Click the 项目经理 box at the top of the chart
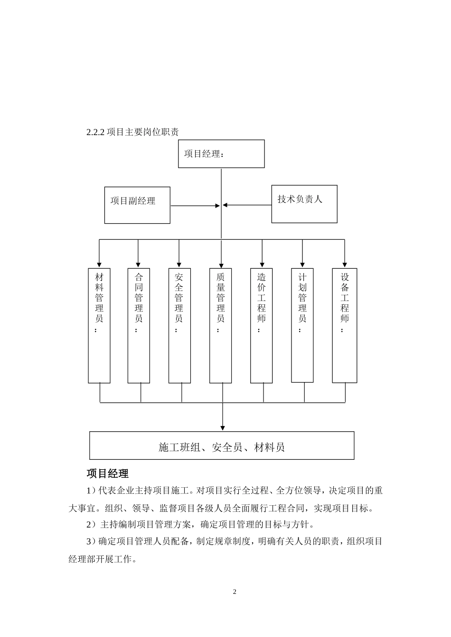click(221, 154)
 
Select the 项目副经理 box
click(137, 205)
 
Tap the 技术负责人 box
click(304, 204)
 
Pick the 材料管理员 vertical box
click(99, 326)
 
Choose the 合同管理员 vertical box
click(139, 326)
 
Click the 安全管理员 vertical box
click(179, 326)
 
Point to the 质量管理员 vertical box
click(221, 326)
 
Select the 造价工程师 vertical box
click(262, 326)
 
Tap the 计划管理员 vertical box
click(302, 325)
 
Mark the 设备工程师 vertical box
click(345, 326)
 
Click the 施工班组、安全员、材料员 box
click(222, 446)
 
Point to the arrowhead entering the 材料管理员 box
click(99, 264)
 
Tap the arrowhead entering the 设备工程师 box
click(345, 264)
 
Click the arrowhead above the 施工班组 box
click(223, 428)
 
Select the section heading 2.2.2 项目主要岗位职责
click(132, 132)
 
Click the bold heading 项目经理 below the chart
click(108, 473)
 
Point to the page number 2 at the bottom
click(235, 592)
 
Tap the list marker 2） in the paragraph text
click(92, 525)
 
